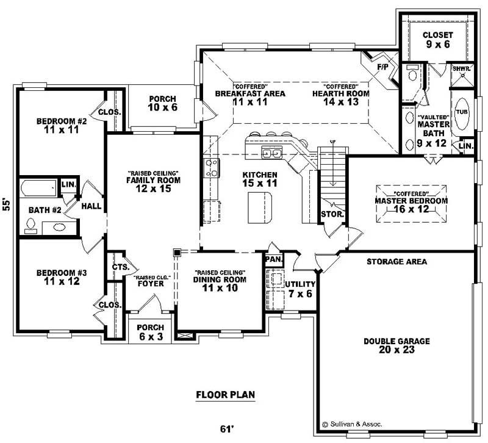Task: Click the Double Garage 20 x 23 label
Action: click(396, 346)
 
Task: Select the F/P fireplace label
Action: click(383, 66)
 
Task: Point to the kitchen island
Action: click(259, 207)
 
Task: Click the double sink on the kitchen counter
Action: click(271, 152)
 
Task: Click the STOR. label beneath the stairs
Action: click(332, 215)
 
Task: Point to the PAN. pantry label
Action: click(272, 259)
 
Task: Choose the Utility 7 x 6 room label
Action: click(301, 289)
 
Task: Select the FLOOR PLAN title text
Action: click(225, 395)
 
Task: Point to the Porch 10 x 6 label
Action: click(162, 103)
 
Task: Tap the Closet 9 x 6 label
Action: click(438, 40)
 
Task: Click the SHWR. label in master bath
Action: click(461, 68)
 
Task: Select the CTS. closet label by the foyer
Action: click(118, 266)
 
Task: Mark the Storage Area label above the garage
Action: click(396, 261)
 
